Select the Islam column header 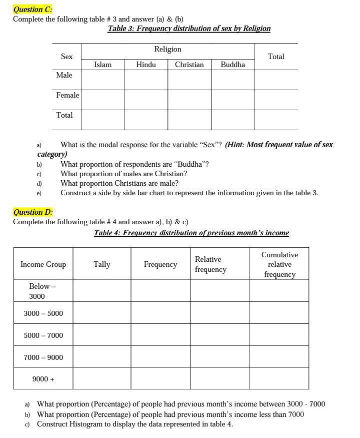point(102,65)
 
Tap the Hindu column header point(146,65)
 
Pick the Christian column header point(189,65)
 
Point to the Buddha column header point(232,65)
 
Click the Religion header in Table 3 point(167,50)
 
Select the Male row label point(64,75)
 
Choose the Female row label point(67,95)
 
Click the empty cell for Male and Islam point(102,80)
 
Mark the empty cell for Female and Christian point(189,100)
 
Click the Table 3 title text point(189,29)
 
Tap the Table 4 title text point(191,233)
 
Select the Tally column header point(101,264)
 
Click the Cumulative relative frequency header point(279,264)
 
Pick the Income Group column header point(43,264)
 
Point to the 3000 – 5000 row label point(43,313)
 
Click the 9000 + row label point(43,379)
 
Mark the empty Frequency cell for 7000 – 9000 point(160,357)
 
